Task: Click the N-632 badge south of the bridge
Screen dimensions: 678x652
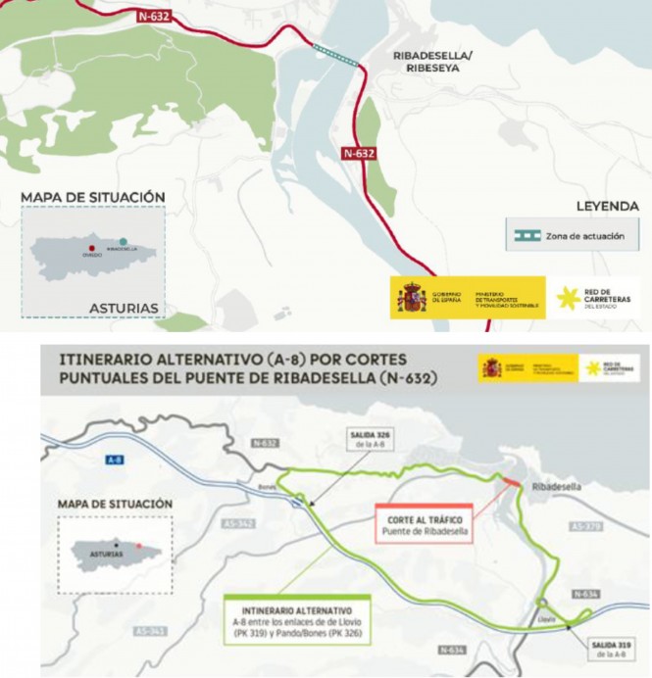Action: pos(359,154)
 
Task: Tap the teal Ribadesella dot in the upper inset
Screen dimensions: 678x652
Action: pos(123,242)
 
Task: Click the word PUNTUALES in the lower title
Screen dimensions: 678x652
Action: pos(100,373)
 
